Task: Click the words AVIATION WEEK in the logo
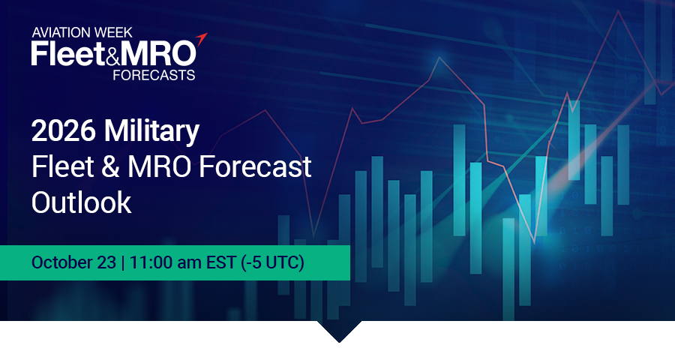tap(82, 32)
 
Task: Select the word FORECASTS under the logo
tap(154, 75)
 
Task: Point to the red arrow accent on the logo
tap(202, 39)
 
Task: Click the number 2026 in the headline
tap(63, 130)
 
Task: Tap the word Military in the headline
tap(151, 132)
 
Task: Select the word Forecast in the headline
tap(255, 166)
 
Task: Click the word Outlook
tap(81, 202)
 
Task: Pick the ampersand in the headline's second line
tap(111, 167)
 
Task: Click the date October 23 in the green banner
tap(73, 262)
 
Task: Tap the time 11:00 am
tap(165, 262)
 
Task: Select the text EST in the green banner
tap(220, 262)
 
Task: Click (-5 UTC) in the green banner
tap(272, 262)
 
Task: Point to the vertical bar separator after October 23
tap(123, 262)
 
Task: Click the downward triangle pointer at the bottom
tap(339, 331)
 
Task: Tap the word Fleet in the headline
tap(63, 166)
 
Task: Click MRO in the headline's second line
tap(159, 167)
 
